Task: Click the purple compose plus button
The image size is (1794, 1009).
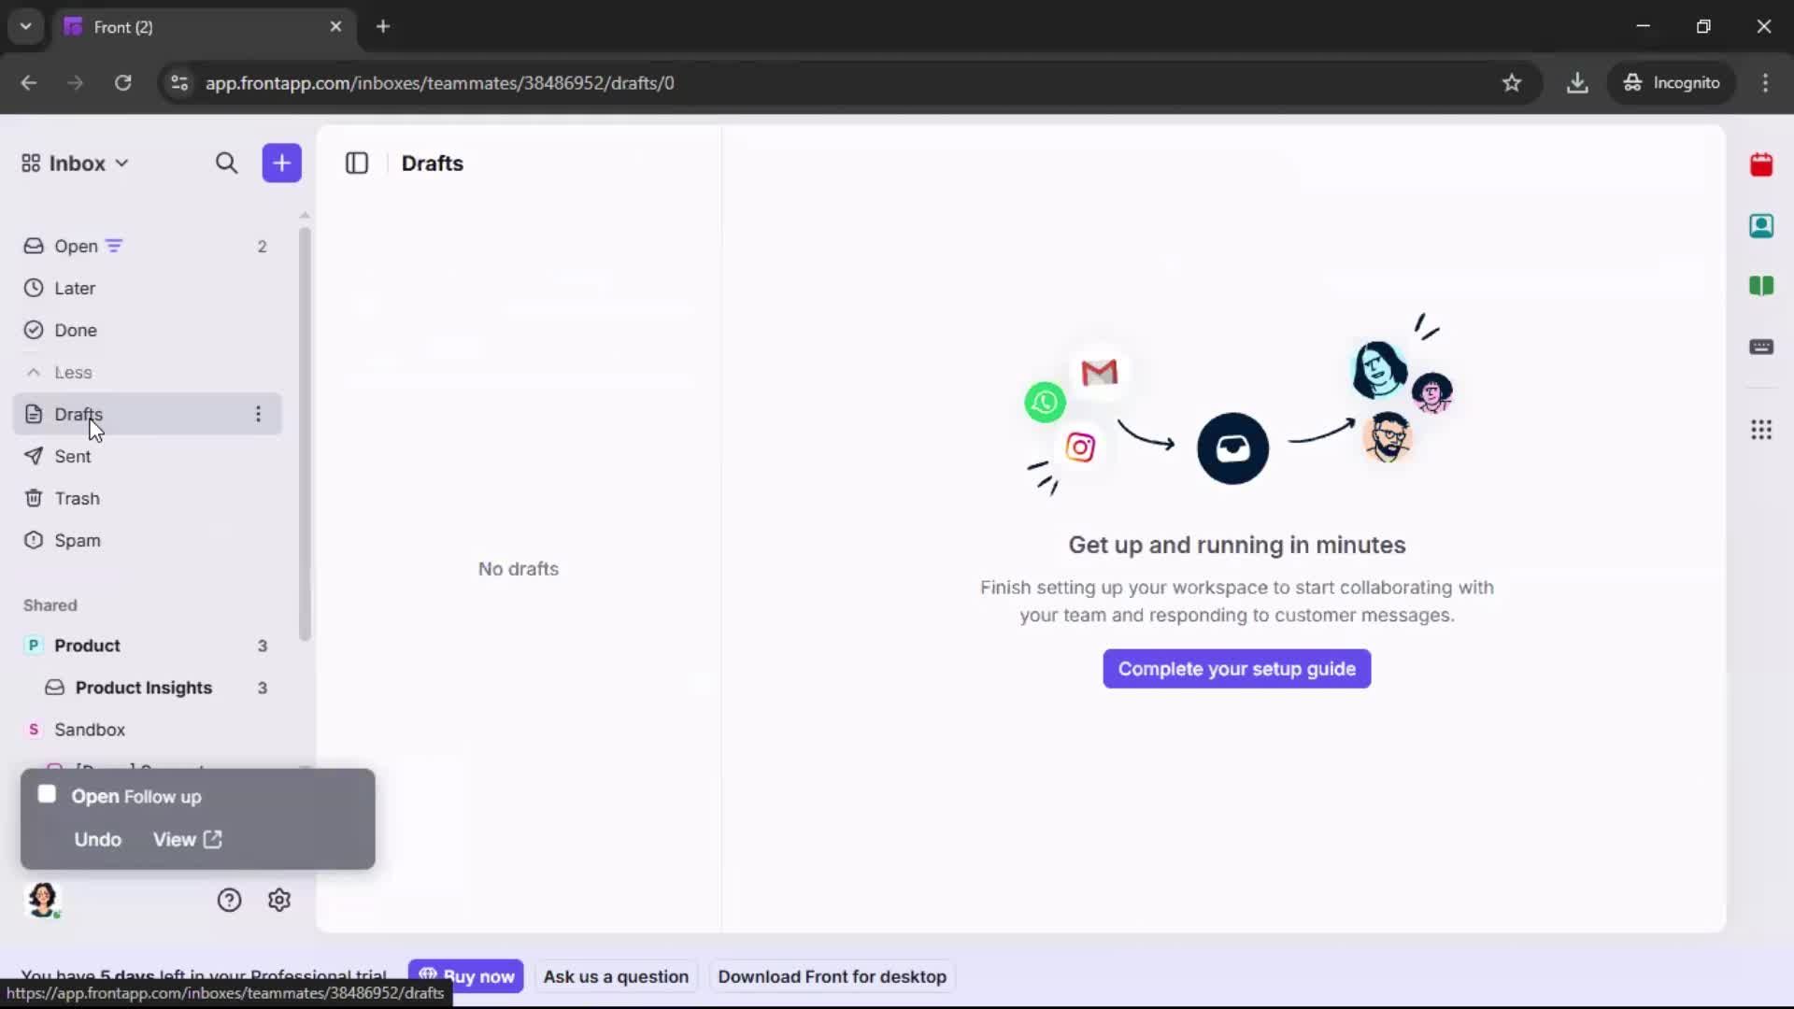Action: [281, 163]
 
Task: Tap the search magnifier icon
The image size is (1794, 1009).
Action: [226, 163]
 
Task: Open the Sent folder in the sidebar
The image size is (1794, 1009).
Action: [72, 457]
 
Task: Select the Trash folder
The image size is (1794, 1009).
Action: [77, 499]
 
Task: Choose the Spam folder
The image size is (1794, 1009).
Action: [77, 541]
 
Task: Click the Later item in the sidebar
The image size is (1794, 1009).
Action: [75, 289]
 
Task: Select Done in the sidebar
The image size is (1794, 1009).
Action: [75, 331]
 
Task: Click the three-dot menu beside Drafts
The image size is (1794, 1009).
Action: [259, 414]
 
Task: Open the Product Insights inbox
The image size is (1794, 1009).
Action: [143, 688]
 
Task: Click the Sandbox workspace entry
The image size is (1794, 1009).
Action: [89, 730]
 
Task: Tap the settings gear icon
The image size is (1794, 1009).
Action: [279, 900]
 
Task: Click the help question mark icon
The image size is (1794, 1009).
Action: [229, 900]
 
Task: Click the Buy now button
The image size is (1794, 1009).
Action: [466, 976]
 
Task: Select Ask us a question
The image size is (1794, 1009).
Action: [616, 976]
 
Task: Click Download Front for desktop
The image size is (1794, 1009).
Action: [832, 976]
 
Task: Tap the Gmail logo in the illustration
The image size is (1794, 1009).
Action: [1099, 373]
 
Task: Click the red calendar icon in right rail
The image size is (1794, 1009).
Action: [1761, 165]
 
